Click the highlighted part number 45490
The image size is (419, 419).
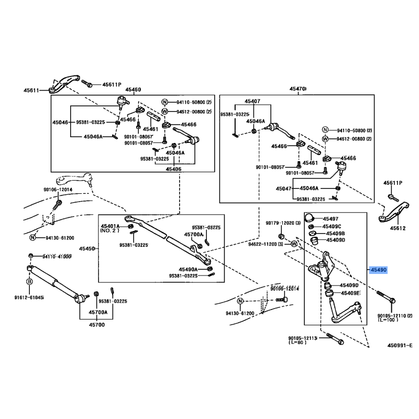378,270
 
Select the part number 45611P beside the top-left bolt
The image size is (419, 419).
111,84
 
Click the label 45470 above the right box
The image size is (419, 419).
297,90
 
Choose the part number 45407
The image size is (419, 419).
252,101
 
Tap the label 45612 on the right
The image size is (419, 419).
398,228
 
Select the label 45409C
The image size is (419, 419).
332,226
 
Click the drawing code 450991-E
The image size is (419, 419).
400,346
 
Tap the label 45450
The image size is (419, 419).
87,248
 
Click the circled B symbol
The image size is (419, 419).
30,281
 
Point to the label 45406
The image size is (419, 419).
173,169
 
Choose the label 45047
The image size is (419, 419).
284,188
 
